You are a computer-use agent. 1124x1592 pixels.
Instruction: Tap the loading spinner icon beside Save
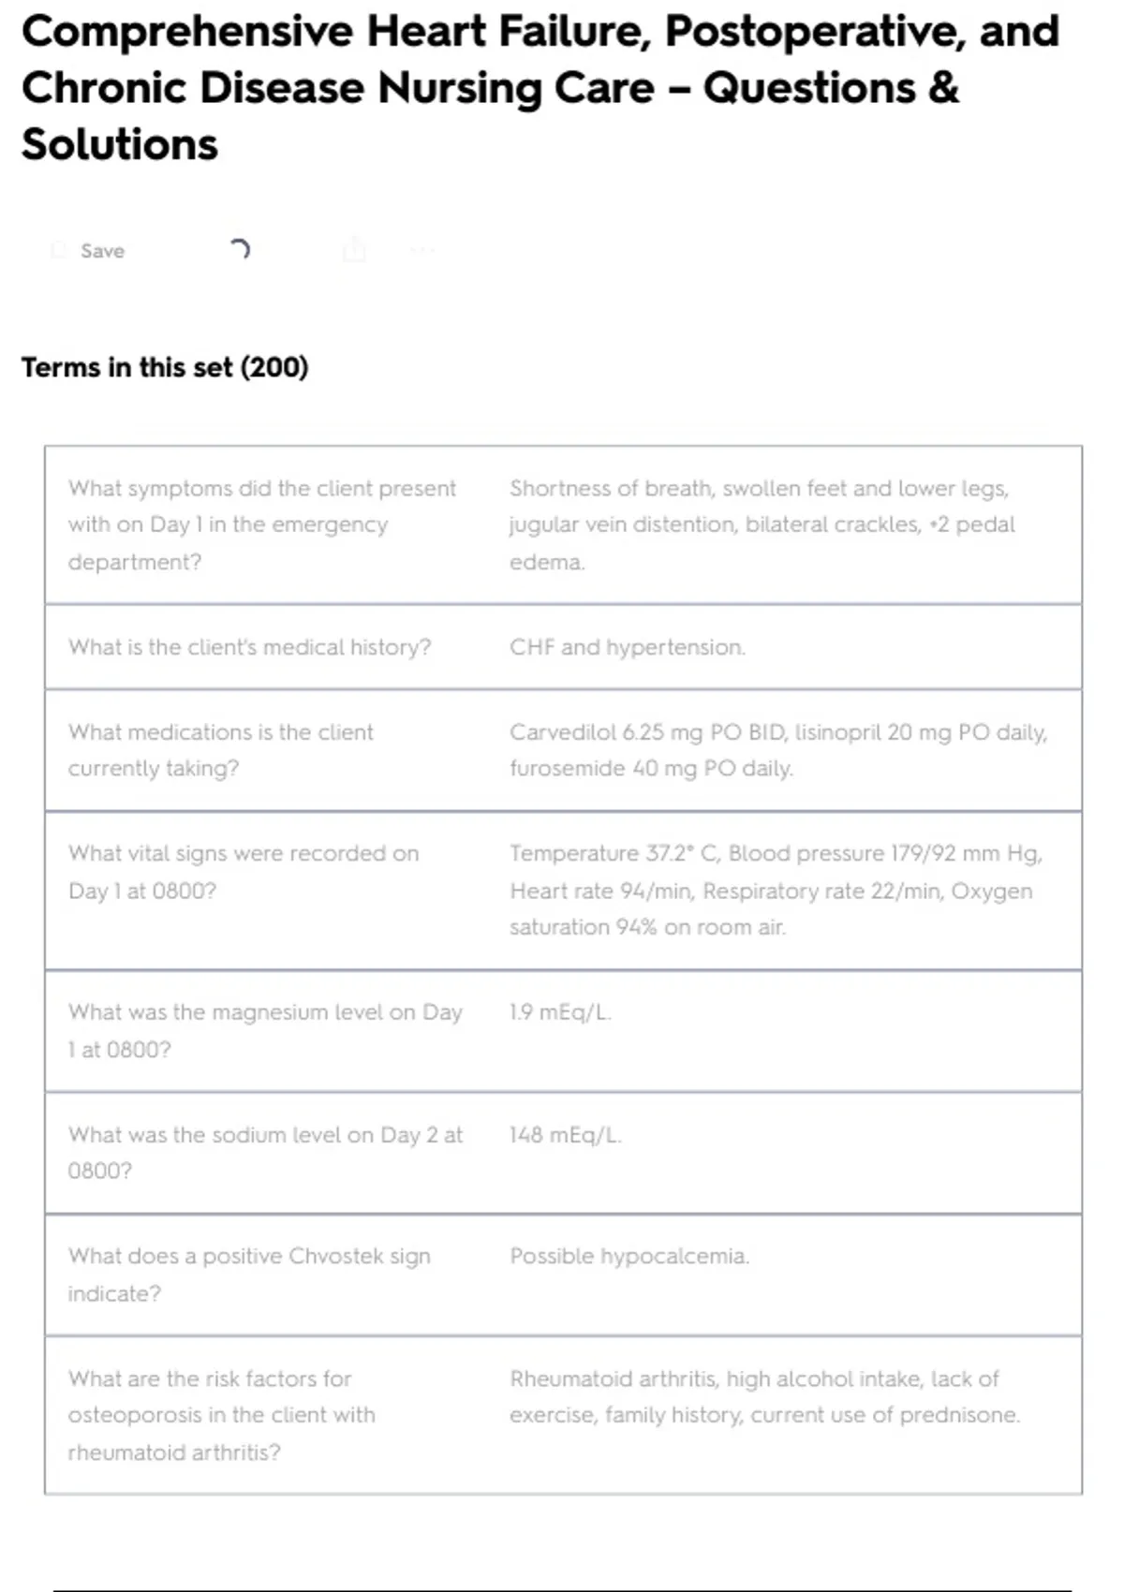pyautogui.click(x=240, y=249)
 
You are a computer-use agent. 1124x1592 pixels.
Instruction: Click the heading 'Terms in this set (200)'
pyautogui.click(x=165, y=367)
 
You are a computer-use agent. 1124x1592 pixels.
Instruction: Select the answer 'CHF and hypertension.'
pyautogui.click(x=628, y=647)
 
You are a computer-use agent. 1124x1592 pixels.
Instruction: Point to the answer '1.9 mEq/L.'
pyautogui.click(x=560, y=1012)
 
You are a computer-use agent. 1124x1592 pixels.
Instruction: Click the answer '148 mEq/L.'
pyautogui.click(x=565, y=1135)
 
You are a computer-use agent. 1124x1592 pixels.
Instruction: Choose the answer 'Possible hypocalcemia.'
pyautogui.click(x=629, y=1256)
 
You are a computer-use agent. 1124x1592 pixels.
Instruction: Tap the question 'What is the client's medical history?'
pyautogui.click(x=249, y=647)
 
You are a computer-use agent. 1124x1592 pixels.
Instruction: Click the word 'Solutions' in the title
pyautogui.click(x=120, y=145)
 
